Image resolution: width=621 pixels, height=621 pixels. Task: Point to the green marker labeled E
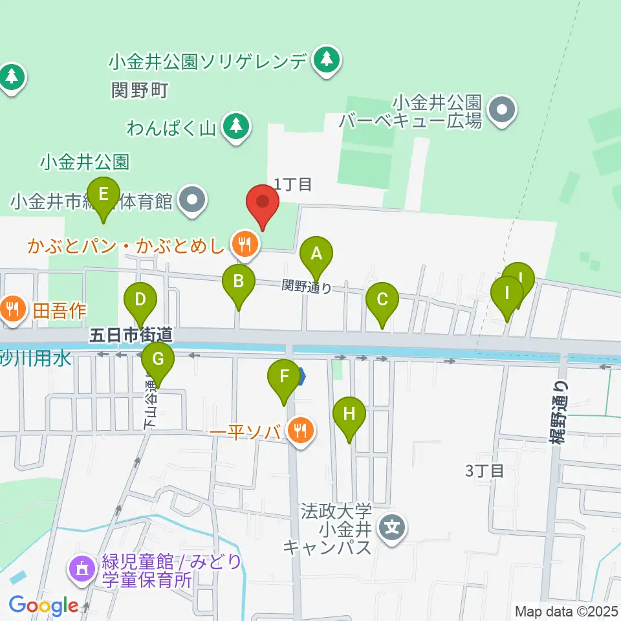click(x=103, y=193)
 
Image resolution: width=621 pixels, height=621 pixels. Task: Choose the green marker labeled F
click(x=284, y=376)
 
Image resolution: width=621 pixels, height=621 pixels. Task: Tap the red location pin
click(x=263, y=202)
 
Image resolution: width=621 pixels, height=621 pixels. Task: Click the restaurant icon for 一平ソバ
click(x=300, y=429)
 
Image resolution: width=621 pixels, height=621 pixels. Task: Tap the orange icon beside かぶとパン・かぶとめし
click(x=244, y=244)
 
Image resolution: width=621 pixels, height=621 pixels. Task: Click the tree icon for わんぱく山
click(x=237, y=125)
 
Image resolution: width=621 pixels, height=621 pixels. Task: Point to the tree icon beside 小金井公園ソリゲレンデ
click(x=327, y=60)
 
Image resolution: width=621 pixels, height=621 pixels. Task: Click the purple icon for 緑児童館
click(x=81, y=569)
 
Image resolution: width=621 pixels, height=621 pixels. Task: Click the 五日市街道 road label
click(x=131, y=334)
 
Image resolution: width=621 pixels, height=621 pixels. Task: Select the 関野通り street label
click(x=307, y=285)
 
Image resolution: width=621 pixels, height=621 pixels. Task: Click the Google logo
click(x=43, y=605)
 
